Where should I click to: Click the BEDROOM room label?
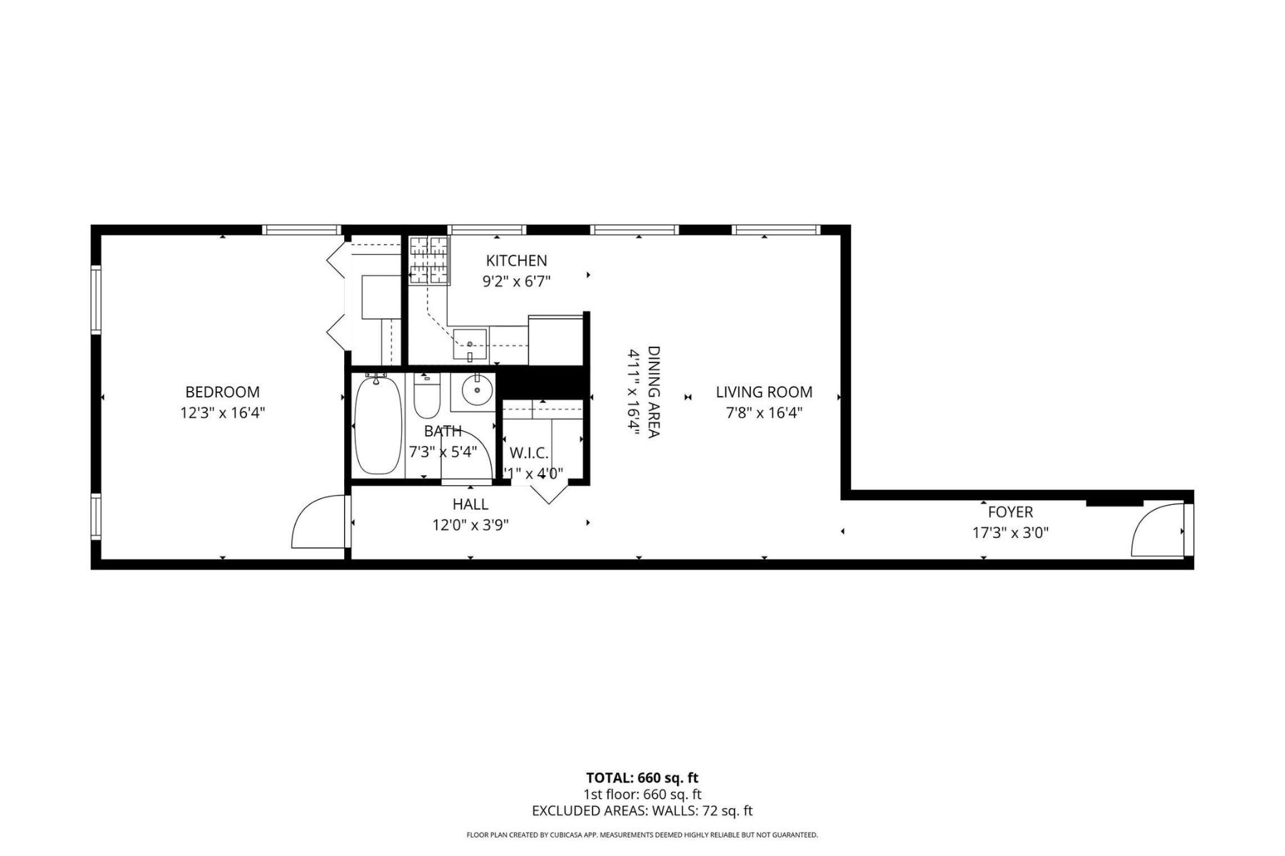[222, 392]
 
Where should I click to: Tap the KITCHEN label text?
[516, 260]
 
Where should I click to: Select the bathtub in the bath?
[378, 425]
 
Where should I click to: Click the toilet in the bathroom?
[427, 397]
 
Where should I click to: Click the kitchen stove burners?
[428, 260]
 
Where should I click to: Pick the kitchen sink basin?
[470, 345]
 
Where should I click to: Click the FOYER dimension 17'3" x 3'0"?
[1010, 532]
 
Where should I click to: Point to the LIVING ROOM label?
[764, 392]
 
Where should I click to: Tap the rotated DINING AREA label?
[653, 392]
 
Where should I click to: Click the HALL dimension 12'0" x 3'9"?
[470, 525]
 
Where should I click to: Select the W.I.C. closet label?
[529, 453]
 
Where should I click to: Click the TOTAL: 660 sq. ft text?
[642, 778]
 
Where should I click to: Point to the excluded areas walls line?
[642, 810]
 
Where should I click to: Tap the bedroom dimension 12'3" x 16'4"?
[222, 412]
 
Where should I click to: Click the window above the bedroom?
[301, 230]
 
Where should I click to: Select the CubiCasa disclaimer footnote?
[642, 835]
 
